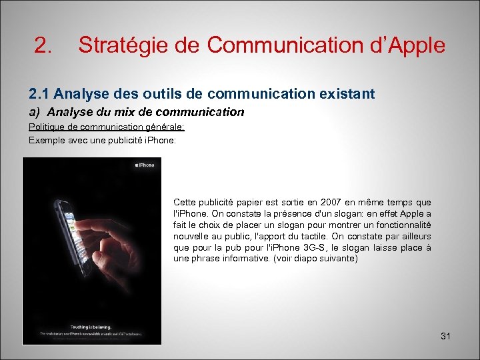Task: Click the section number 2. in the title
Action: click(x=43, y=46)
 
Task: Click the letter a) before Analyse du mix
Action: click(x=35, y=112)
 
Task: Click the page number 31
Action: click(x=446, y=336)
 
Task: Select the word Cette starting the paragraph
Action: click(x=185, y=202)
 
